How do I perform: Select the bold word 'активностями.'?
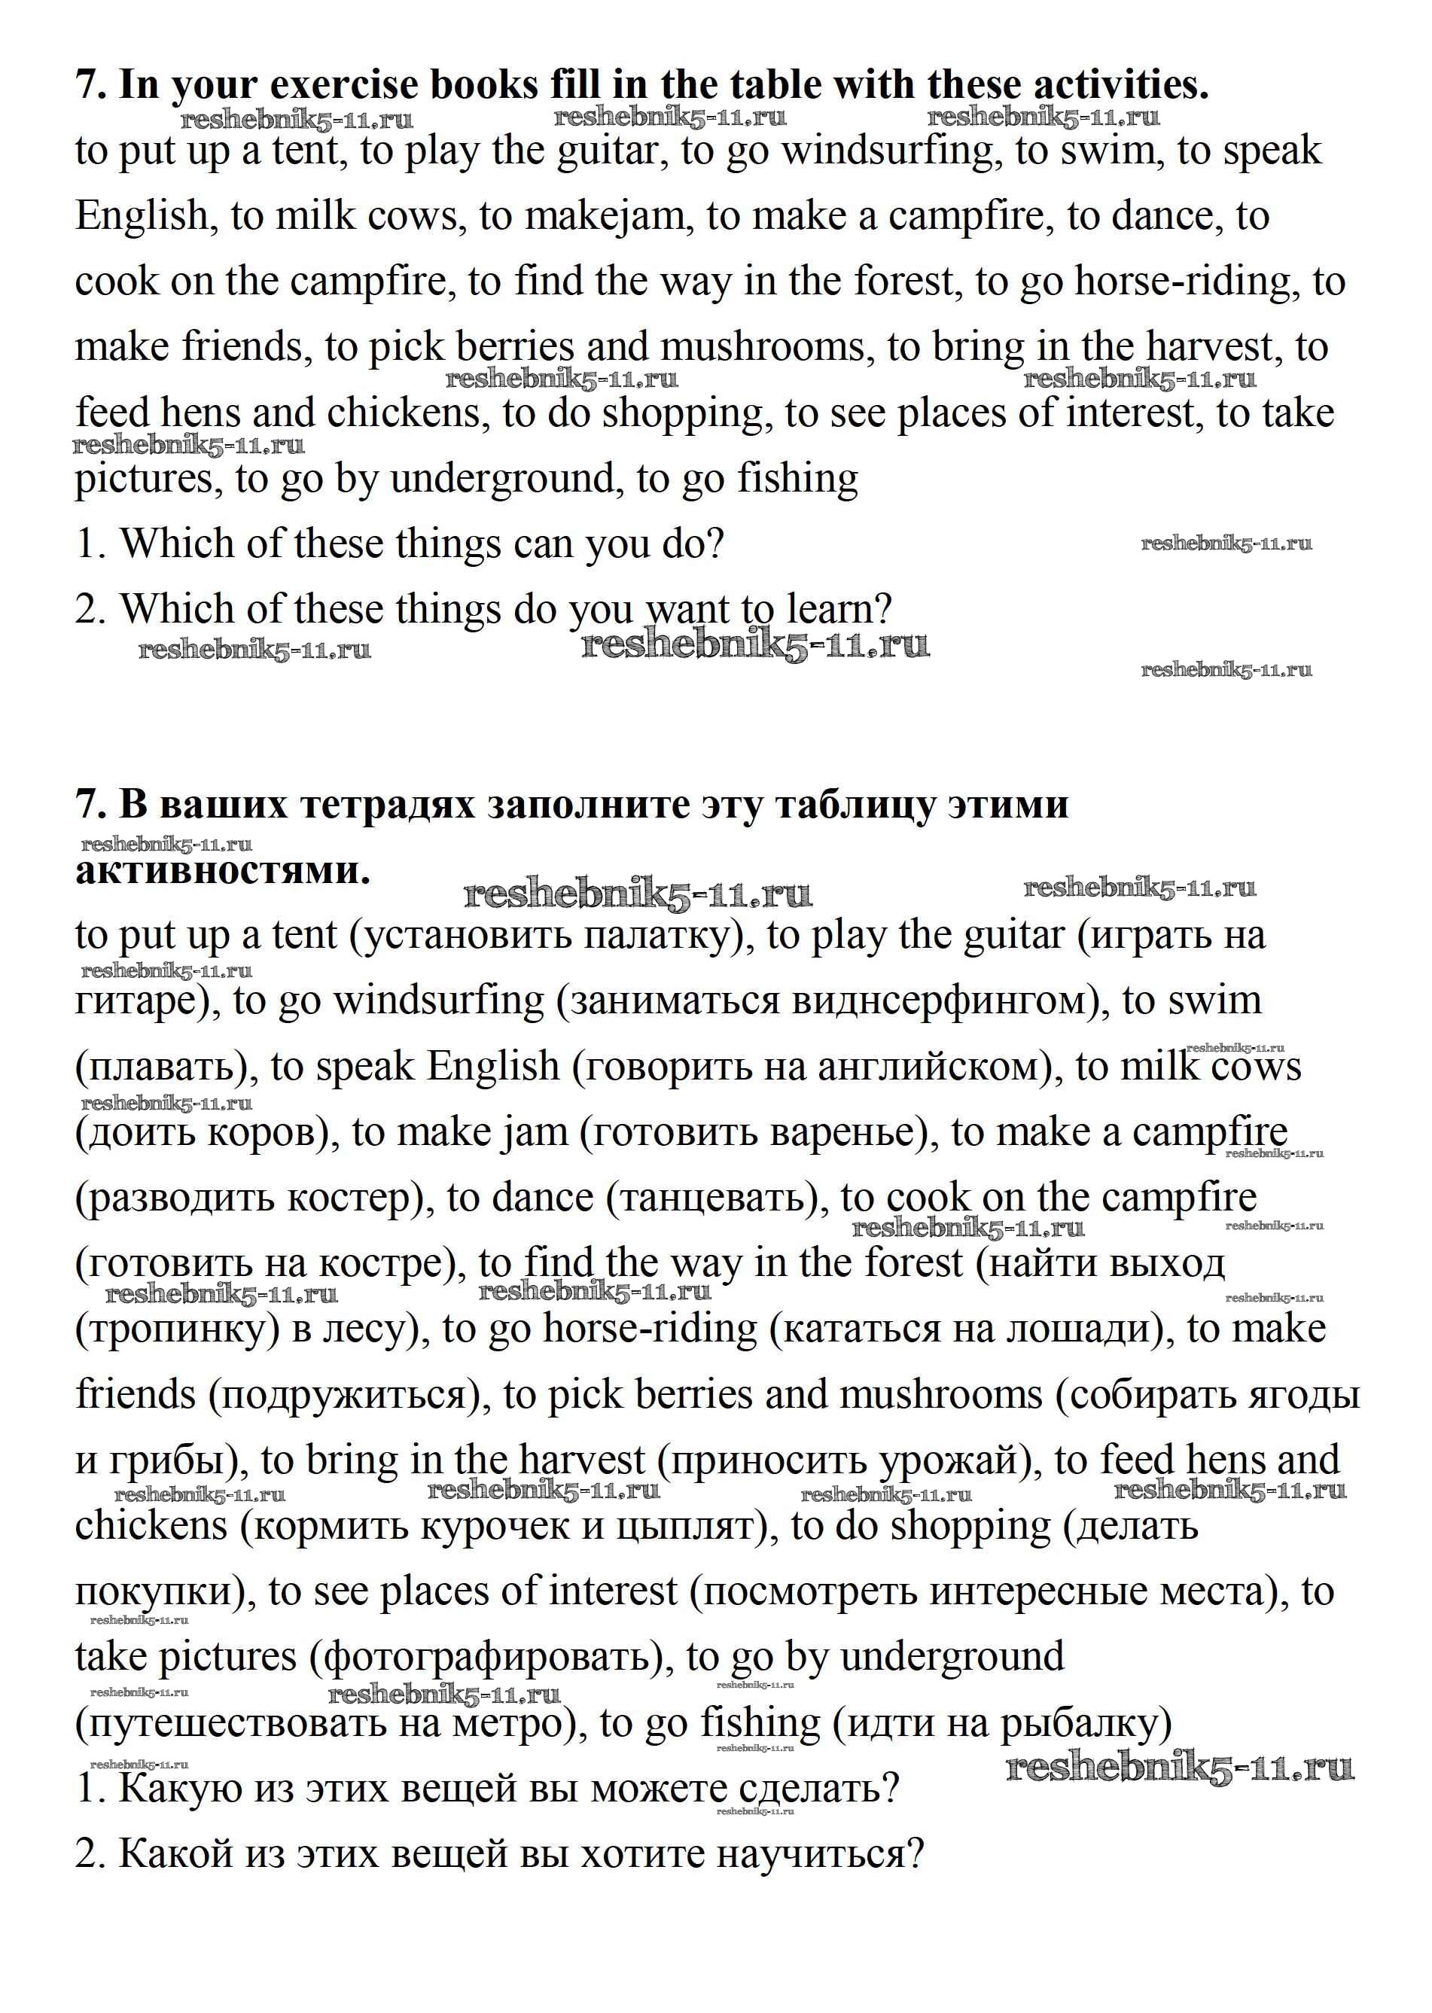point(222,870)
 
